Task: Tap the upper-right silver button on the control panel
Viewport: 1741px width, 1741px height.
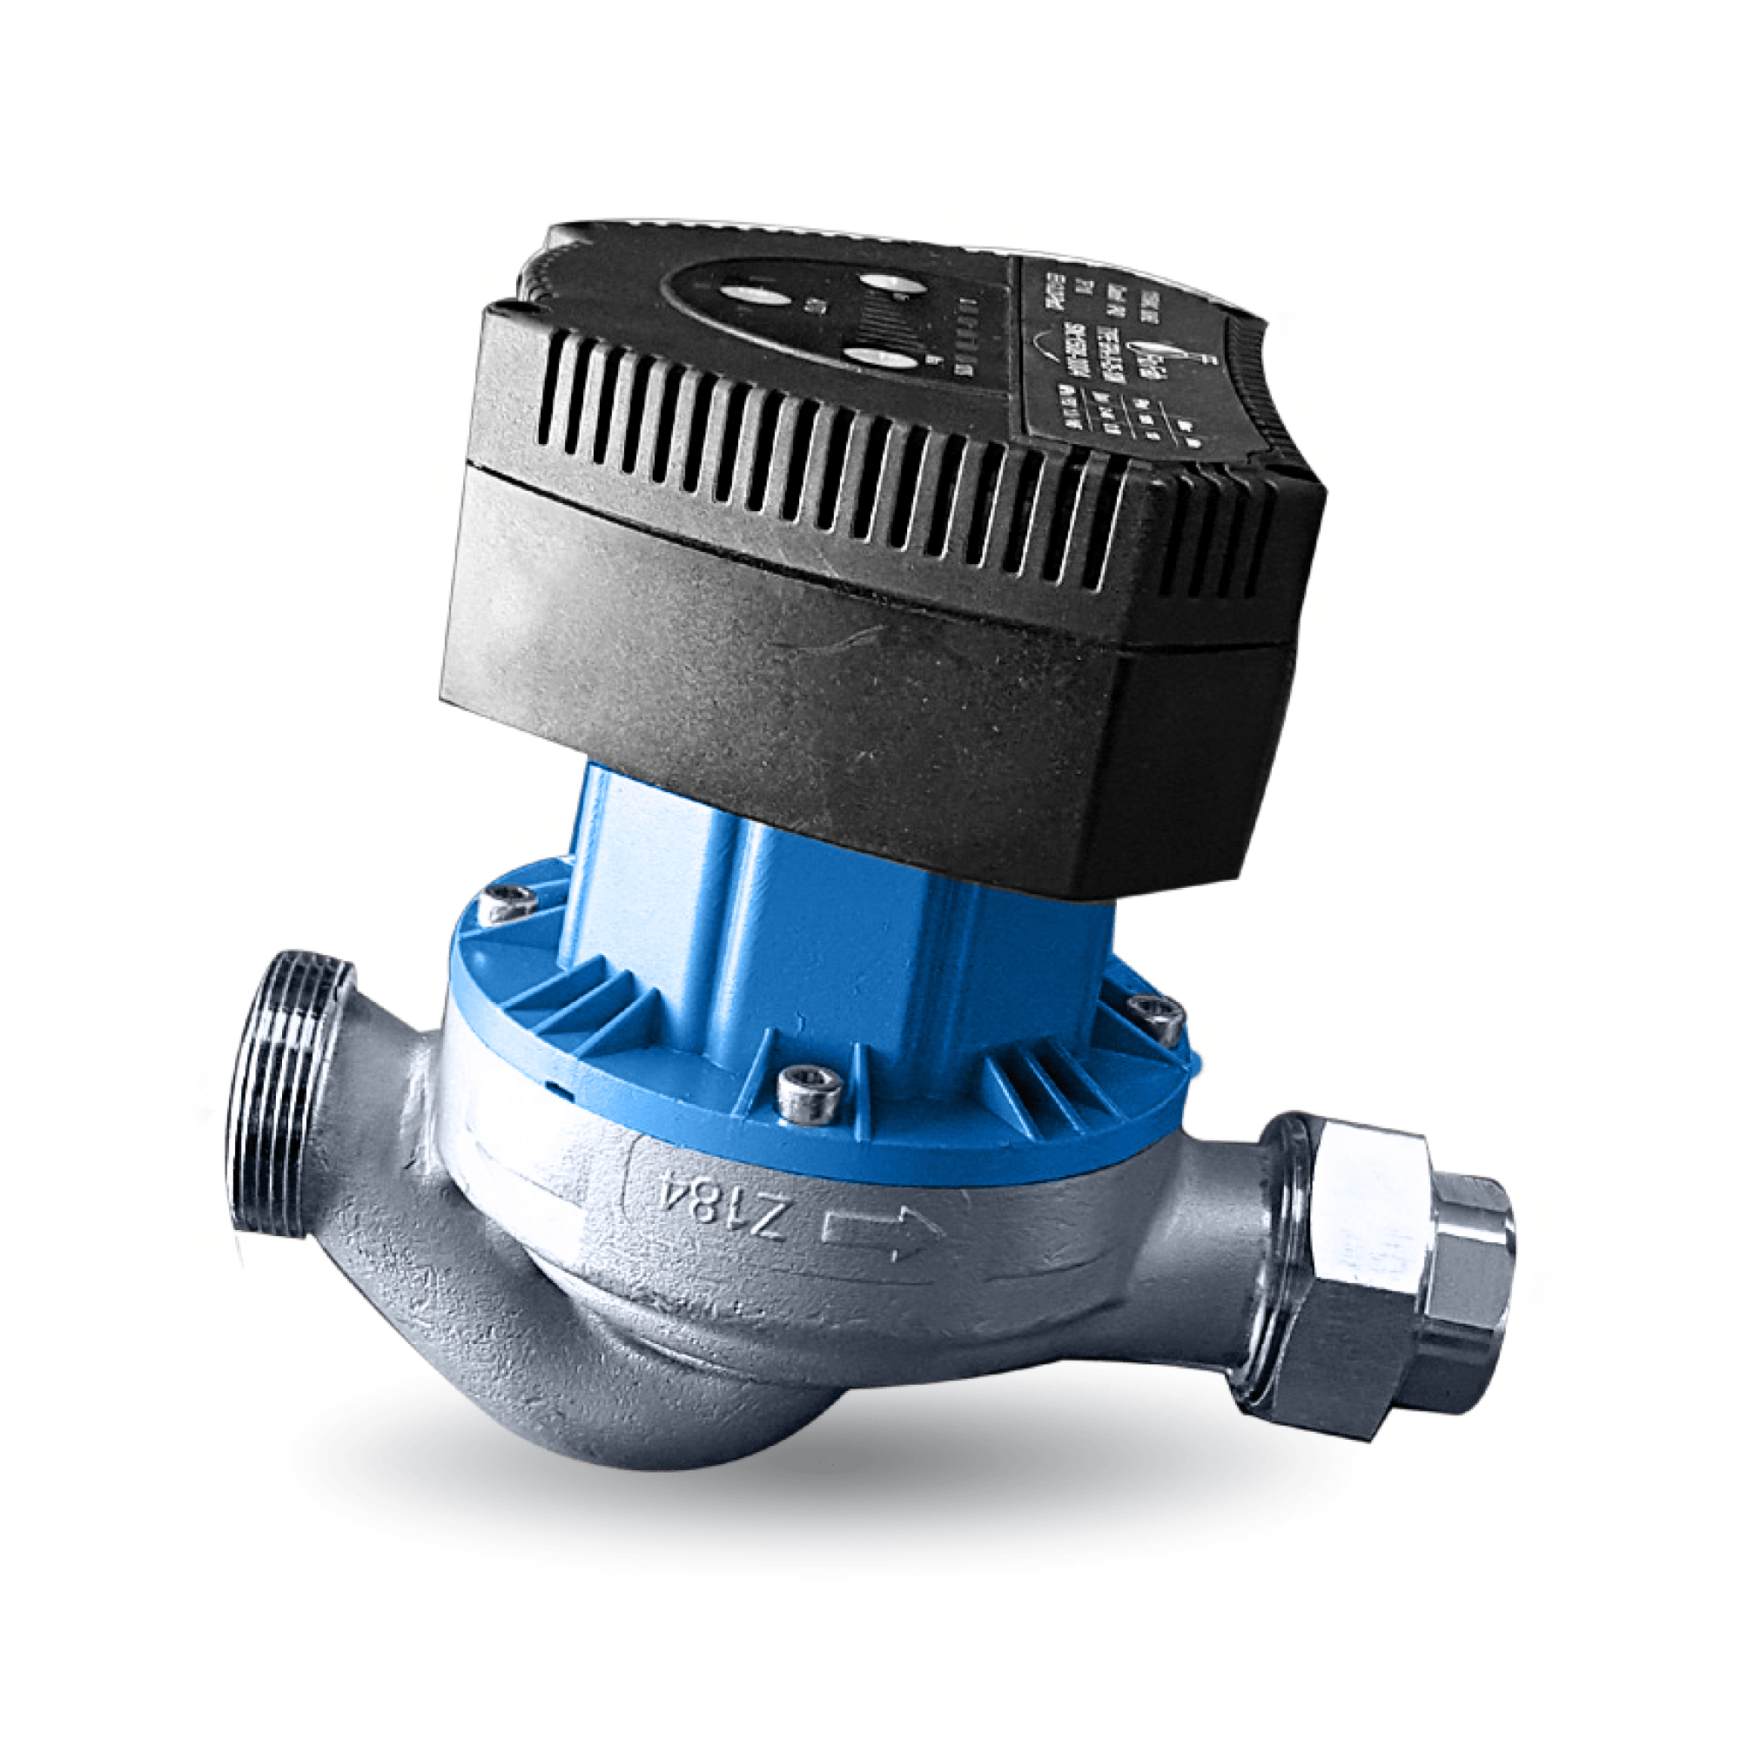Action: pyautogui.click(x=896, y=281)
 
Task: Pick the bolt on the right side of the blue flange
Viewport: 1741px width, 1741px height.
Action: pyautogui.click(x=1154, y=1017)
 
